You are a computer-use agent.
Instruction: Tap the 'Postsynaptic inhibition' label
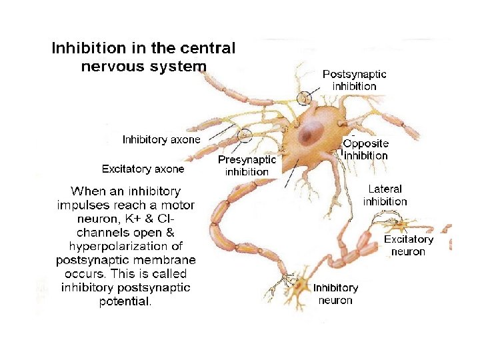coord(354,80)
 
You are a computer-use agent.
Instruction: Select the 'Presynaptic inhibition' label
coord(247,166)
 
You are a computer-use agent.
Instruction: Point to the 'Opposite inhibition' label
coord(365,149)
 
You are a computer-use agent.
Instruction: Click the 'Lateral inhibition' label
coord(385,195)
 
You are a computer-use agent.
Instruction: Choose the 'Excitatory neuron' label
coord(408,245)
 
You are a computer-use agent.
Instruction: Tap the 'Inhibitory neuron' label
coord(335,294)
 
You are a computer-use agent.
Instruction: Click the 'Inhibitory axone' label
coord(161,139)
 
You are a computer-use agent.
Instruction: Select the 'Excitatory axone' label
coord(143,169)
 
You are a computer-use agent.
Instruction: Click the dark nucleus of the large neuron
coord(308,135)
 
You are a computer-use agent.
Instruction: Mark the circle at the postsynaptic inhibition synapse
coord(305,97)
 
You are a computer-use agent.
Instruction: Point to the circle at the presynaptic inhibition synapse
coord(245,135)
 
